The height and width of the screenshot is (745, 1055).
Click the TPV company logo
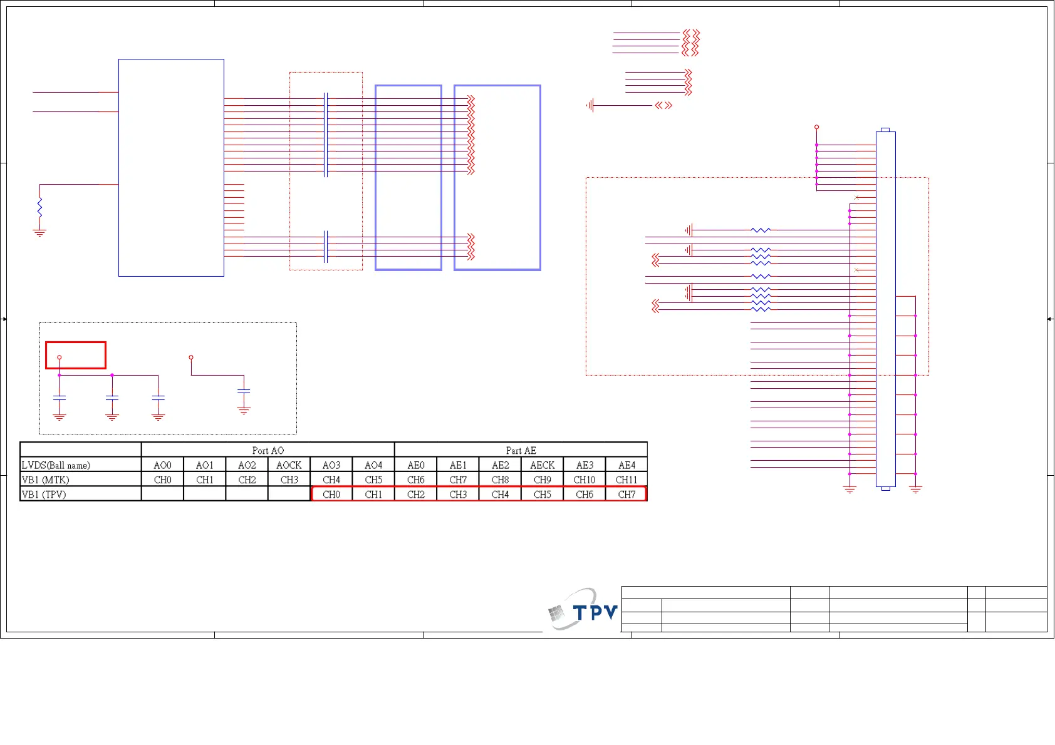[583, 610]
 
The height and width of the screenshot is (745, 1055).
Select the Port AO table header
[268, 450]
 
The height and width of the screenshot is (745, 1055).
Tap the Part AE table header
[521, 450]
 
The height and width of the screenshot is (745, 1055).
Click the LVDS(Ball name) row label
[56, 465]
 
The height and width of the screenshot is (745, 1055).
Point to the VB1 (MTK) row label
[46, 480]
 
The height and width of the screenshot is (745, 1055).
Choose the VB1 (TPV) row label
[44, 494]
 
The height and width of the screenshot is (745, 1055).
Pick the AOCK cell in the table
[289, 465]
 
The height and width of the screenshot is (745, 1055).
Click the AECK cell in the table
[542, 465]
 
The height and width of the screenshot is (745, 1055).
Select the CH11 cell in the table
[626, 480]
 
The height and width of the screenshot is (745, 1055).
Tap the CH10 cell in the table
[585, 480]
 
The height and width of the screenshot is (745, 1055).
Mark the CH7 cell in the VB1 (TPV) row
[626, 494]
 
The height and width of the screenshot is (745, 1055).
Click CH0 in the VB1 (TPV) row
[331, 494]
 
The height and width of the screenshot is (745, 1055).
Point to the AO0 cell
[162, 465]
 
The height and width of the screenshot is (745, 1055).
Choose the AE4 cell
[626, 465]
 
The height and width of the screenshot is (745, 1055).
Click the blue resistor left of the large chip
[39, 207]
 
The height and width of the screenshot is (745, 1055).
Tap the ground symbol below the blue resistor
[39, 233]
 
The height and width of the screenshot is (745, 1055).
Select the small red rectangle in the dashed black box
[76, 355]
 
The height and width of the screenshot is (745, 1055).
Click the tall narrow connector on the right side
[885, 309]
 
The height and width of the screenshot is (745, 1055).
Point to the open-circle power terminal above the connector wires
[816, 127]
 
